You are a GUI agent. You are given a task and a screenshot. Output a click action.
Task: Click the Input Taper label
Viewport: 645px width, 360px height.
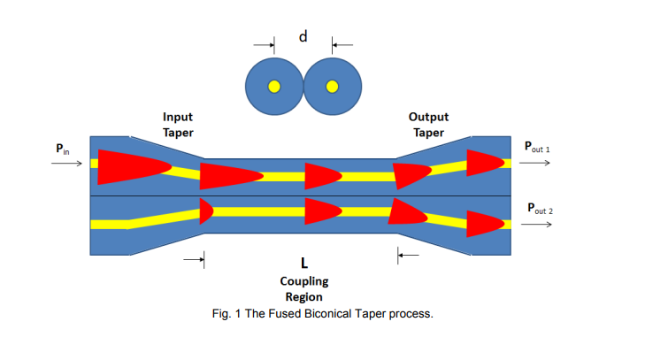point(178,125)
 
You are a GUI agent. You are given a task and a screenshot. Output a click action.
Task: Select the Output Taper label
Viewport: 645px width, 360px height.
point(428,125)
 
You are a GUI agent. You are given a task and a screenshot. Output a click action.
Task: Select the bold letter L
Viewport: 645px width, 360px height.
point(303,262)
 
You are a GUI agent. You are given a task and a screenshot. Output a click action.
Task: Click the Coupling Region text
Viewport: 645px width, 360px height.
point(303,289)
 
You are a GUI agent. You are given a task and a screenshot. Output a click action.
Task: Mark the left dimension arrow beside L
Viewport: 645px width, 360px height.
point(194,260)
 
